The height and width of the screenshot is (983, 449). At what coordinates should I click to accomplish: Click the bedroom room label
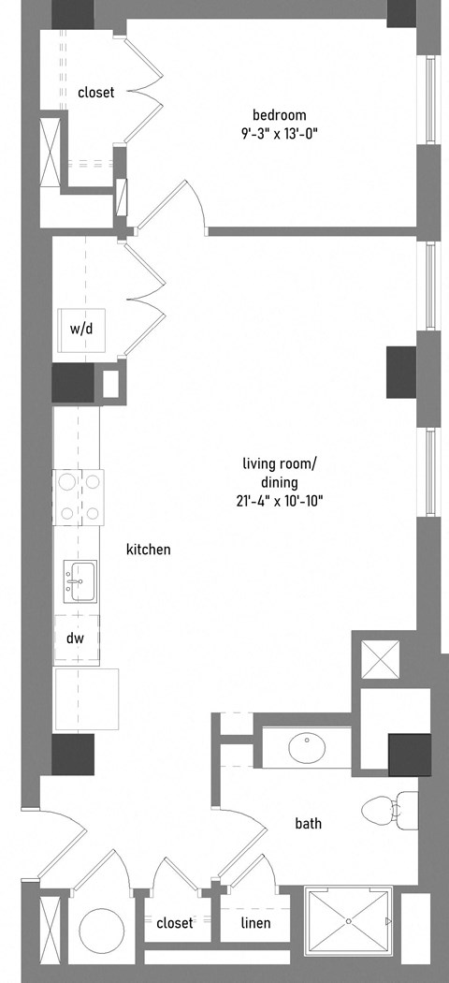click(x=280, y=115)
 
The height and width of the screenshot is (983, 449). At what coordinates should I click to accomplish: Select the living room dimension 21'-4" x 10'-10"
click(x=280, y=501)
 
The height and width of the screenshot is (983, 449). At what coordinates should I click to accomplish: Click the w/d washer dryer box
click(x=80, y=330)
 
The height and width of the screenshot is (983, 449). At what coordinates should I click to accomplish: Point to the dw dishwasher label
click(x=75, y=638)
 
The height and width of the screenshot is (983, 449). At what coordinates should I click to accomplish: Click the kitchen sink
click(x=80, y=581)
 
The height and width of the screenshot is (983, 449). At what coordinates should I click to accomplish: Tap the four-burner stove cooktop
click(x=80, y=497)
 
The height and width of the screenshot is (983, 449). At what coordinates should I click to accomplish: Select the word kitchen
click(x=149, y=550)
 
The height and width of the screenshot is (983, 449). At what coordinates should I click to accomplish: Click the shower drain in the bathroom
click(x=349, y=921)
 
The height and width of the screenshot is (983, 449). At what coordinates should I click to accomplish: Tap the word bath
click(x=308, y=823)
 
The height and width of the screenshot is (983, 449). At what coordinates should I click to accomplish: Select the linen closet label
click(x=256, y=923)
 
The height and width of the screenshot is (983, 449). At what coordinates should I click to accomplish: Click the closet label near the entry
click(x=175, y=923)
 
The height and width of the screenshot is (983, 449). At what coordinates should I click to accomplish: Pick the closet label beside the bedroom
click(x=95, y=93)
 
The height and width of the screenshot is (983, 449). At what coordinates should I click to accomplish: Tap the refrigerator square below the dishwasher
click(x=87, y=699)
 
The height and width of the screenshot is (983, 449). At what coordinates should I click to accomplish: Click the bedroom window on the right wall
click(x=430, y=100)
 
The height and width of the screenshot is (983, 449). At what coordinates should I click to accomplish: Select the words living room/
click(x=280, y=464)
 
